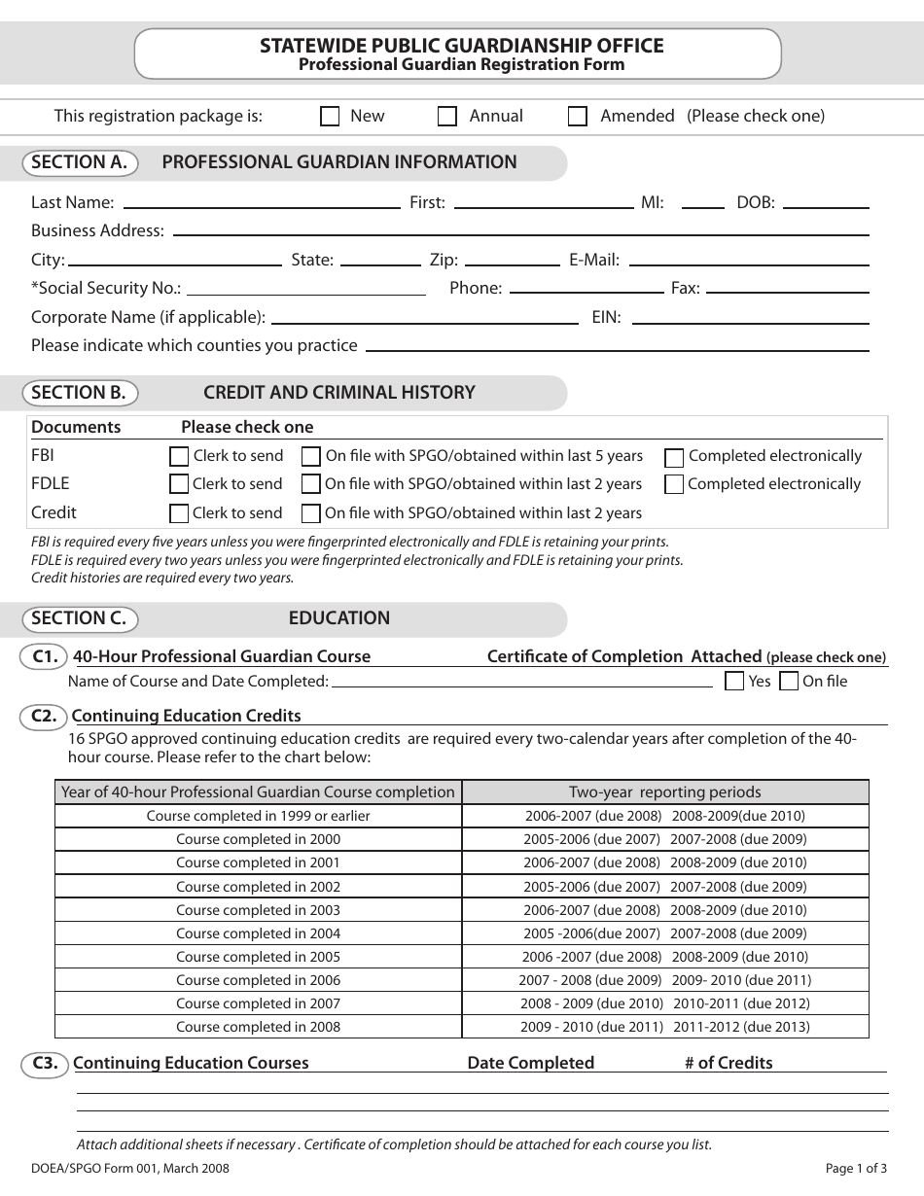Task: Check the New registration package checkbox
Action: coord(330,117)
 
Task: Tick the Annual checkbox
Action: coord(447,117)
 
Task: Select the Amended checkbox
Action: coord(578,117)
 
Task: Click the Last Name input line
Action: coord(262,202)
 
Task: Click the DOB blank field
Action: coord(826,202)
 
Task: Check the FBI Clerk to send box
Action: coord(179,456)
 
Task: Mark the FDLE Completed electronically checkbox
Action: coord(674,484)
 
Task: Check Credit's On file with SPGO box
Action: coord(311,513)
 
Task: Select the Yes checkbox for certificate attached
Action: coord(735,682)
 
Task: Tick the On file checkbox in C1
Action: coord(790,682)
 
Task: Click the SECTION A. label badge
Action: coord(80,162)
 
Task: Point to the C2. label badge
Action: coord(44,717)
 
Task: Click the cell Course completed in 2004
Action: coord(258,933)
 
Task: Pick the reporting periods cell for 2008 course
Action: coord(665,1027)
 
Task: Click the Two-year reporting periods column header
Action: coord(665,792)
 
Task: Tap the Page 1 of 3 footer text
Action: coord(856,1169)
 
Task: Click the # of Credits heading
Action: coord(729,1063)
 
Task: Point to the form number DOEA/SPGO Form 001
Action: coord(130,1169)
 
